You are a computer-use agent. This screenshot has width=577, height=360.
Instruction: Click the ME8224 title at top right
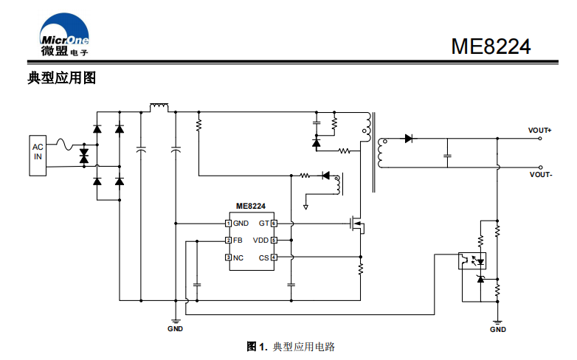click(x=491, y=46)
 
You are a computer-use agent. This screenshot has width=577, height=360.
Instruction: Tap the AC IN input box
click(x=38, y=156)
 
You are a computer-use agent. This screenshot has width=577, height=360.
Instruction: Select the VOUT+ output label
click(x=540, y=131)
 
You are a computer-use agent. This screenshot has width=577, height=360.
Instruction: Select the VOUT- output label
click(x=540, y=175)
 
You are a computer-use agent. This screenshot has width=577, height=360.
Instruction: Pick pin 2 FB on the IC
click(x=234, y=240)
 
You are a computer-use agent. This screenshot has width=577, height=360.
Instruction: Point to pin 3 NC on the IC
click(x=235, y=257)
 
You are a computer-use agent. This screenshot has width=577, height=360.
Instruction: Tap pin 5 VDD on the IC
click(x=264, y=240)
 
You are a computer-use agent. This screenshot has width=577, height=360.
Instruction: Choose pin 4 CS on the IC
click(x=267, y=257)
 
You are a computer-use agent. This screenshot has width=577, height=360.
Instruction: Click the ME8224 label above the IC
click(x=251, y=207)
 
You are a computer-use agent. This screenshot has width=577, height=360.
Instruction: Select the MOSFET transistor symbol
click(x=357, y=224)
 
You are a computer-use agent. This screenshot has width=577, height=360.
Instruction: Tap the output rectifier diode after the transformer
click(x=407, y=138)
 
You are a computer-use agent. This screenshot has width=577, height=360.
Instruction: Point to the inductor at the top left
click(x=159, y=108)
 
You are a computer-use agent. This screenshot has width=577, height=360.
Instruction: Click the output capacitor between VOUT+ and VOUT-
click(x=446, y=156)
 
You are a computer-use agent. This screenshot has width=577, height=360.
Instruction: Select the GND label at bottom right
click(x=498, y=330)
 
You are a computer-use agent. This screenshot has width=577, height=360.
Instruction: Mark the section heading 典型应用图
click(x=61, y=78)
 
